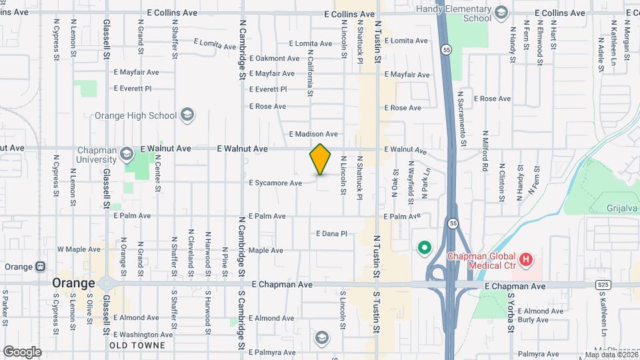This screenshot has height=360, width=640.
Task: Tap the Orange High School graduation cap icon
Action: [x=188, y=115]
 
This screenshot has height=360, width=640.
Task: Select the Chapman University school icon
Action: [x=125, y=155]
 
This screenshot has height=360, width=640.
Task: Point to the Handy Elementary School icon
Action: [x=501, y=12]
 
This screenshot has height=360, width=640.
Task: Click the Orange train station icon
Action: [x=41, y=267]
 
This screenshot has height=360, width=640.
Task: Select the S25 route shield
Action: [x=602, y=285]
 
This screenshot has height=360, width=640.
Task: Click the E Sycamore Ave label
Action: [x=275, y=183]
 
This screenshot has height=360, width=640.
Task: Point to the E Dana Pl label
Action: [x=331, y=234]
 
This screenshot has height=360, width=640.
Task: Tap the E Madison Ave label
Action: [x=313, y=134]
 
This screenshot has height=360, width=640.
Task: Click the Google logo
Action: [x=22, y=351]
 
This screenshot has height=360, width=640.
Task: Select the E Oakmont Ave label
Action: [x=274, y=59]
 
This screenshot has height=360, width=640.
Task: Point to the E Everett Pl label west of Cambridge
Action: [x=133, y=88]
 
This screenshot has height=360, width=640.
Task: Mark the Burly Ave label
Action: [x=533, y=320]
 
